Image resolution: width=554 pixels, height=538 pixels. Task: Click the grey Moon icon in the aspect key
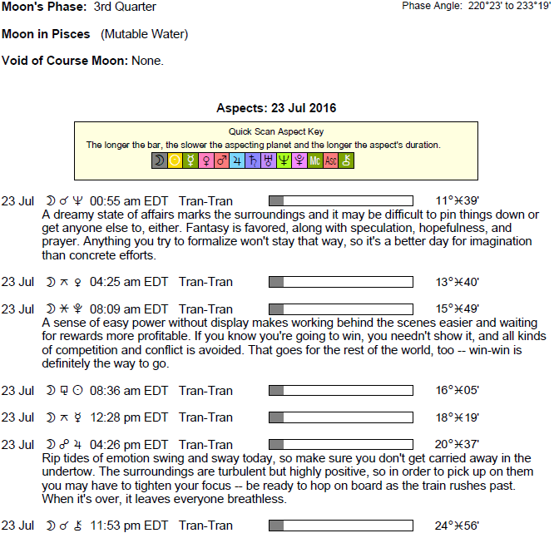159,160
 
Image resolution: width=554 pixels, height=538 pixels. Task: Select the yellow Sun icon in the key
175,160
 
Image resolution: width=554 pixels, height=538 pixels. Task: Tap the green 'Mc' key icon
314,160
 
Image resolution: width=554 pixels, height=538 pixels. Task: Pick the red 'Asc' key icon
330,160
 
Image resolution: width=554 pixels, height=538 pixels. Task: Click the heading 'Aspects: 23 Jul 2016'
276,109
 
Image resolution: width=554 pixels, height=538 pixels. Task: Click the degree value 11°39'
457,200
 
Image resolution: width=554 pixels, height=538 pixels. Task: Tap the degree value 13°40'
457,282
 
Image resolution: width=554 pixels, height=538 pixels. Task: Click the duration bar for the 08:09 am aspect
341,309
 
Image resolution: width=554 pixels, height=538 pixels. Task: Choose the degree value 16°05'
457,390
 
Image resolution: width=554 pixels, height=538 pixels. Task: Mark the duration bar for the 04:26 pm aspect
341,444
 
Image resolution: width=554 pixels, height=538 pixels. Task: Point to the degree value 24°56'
457,526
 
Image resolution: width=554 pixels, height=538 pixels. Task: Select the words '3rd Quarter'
125,7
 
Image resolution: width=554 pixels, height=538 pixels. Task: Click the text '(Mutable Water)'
145,35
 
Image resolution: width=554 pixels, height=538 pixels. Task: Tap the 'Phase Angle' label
431,6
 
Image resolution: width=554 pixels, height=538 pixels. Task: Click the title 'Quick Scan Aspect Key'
276,131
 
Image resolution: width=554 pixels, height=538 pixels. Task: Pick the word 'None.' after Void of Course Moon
148,62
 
